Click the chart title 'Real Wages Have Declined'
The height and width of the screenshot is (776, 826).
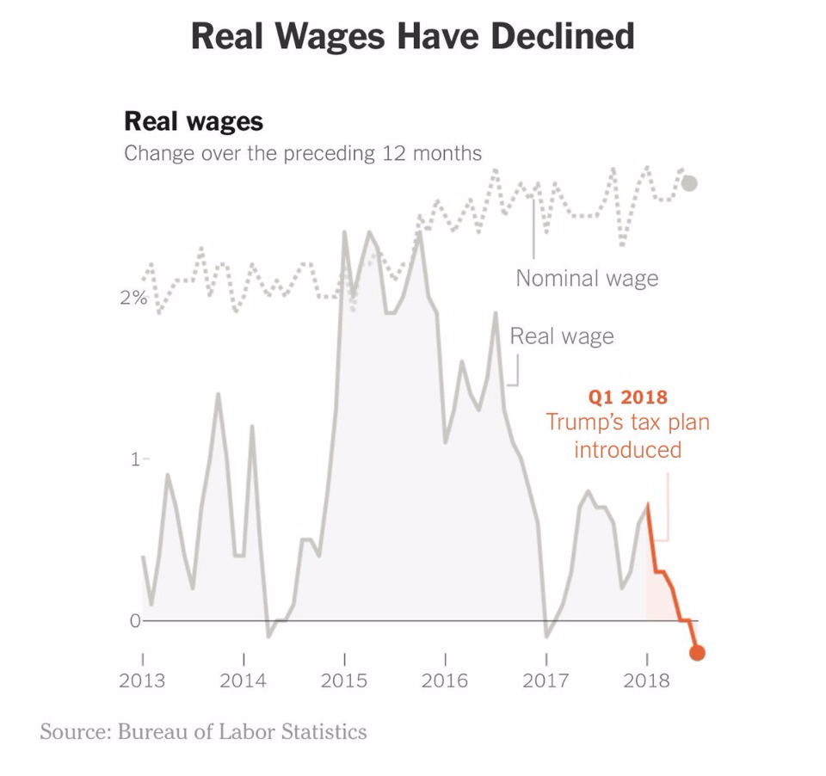(412, 36)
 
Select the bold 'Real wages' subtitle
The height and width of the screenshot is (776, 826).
(194, 120)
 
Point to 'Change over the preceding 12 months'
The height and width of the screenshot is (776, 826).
(303, 154)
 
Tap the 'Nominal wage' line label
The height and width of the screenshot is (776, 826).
(587, 279)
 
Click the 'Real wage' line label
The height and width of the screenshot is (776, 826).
(562, 336)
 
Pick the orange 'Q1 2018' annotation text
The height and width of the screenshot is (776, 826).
(627, 397)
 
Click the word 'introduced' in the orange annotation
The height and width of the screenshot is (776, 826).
(627, 449)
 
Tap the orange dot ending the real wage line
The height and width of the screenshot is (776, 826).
(697, 653)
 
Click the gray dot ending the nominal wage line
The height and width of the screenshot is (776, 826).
(689, 182)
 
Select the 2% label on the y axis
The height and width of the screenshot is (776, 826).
(133, 299)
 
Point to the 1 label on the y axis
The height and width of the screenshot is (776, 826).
(134, 459)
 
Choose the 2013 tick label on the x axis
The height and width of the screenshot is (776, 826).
(143, 681)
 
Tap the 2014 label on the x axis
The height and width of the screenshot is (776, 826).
(243, 681)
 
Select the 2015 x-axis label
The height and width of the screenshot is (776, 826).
(344, 681)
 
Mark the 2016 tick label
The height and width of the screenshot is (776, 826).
(445, 681)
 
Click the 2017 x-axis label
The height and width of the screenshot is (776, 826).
(546, 681)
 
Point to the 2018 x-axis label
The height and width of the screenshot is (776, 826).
(646, 681)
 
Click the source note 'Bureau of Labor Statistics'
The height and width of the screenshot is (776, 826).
(242, 732)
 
